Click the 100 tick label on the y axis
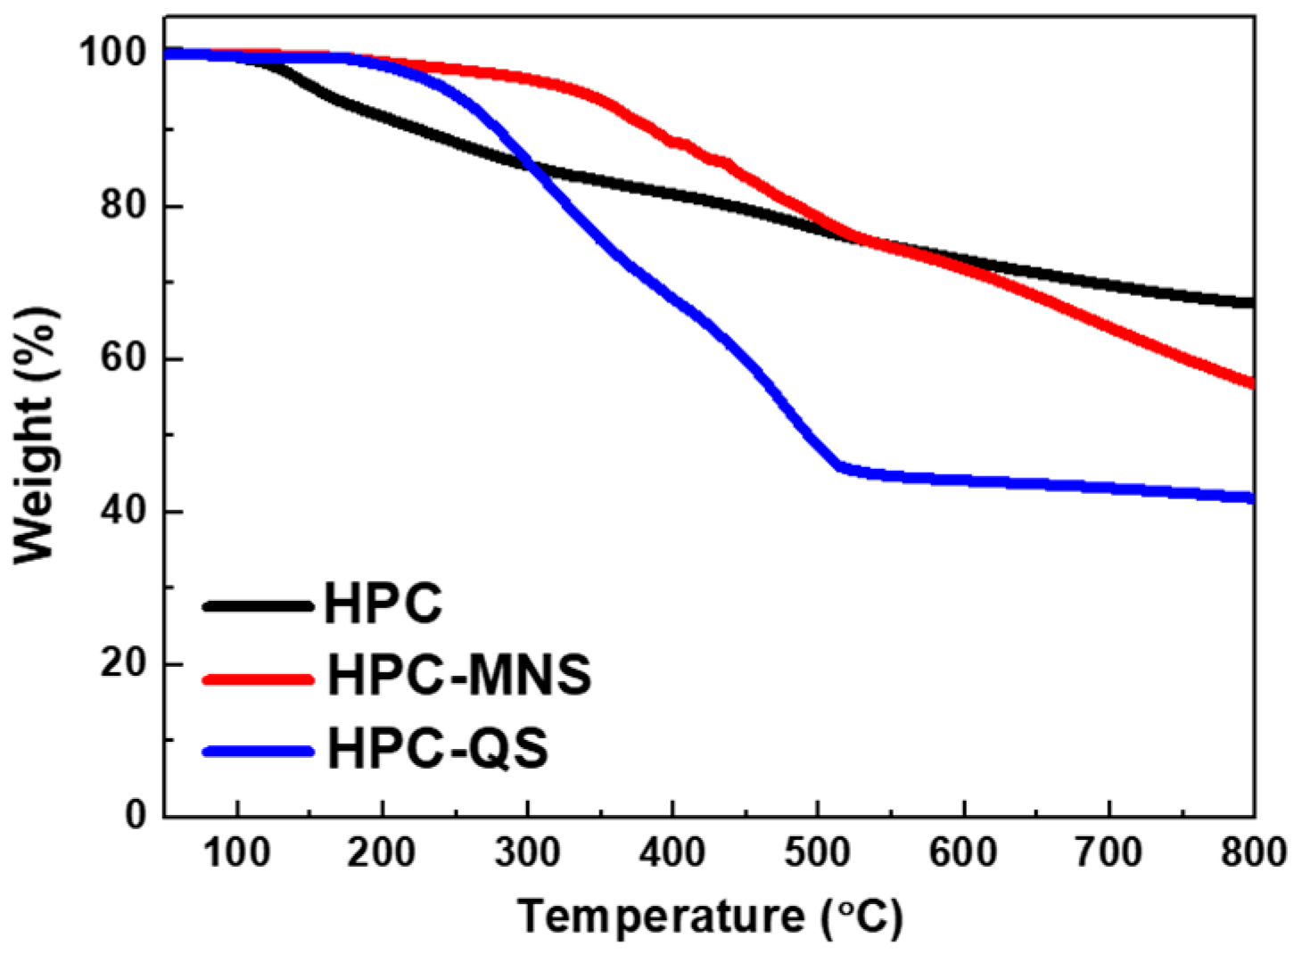113,53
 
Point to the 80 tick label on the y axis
125,206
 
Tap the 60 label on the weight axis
125,358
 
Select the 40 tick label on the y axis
125,512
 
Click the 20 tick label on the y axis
125,664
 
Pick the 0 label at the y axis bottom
136,814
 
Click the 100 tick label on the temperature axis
236,853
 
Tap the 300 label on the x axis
527,853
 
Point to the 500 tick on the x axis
817,853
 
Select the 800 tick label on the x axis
1253,853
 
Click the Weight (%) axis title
36,435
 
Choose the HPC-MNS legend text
459,675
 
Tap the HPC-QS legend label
437,748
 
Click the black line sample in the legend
259,606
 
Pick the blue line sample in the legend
259,752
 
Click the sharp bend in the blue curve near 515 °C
839,466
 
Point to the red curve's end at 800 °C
1251,383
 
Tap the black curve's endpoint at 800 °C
1251,303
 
